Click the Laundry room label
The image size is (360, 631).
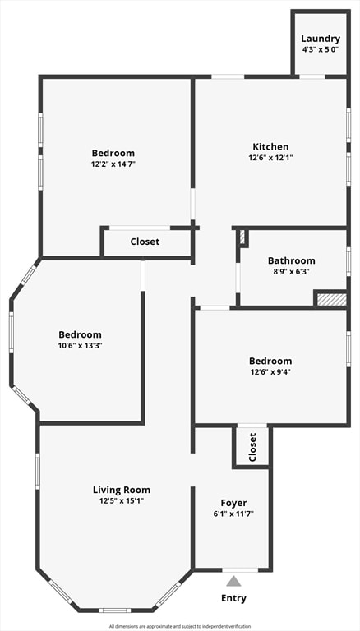[321, 39]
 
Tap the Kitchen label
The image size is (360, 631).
[270, 147]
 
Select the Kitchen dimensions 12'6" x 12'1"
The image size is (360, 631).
[270, 158]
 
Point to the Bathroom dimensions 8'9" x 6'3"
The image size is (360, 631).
[291, 271]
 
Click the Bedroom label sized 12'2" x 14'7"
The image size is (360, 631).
[113, 153]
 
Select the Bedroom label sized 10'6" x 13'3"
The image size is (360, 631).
[81, 334]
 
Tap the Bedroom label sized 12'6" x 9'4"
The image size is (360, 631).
[270, 361]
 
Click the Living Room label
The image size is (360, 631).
[122, 490]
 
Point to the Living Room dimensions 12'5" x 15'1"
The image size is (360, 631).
[122, 500]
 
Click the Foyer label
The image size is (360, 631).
[233, 503]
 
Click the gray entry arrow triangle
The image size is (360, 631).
[233, 581]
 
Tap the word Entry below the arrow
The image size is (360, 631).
[233, 598]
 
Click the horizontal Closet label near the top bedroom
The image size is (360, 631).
[145, 242]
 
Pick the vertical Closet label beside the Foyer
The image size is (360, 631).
[252, 447]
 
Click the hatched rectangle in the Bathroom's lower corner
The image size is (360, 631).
[332, 299]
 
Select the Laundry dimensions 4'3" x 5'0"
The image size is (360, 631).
[321, 49]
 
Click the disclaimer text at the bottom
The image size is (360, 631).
[179, 626]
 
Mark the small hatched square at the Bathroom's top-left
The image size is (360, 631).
[243, 237]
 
